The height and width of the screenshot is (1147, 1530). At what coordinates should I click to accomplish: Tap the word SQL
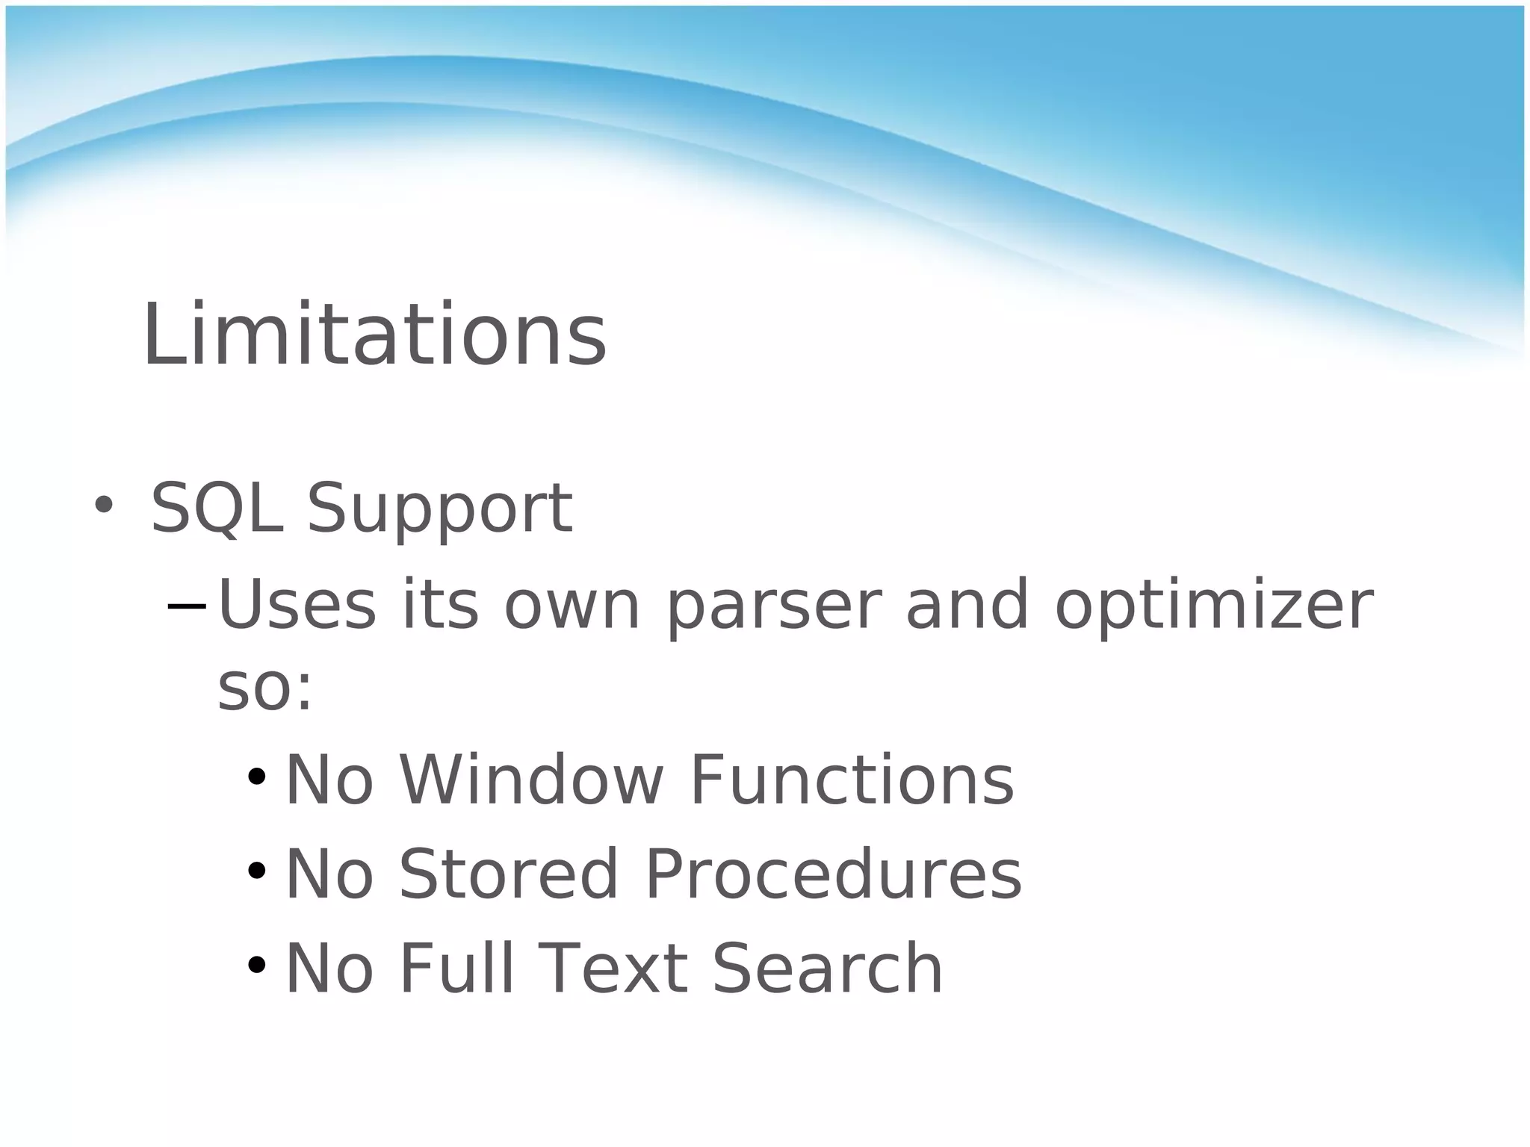(x=217, y=509)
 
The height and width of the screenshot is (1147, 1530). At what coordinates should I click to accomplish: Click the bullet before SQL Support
(x=103, y=506)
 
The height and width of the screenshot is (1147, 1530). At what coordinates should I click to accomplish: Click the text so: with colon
(x=264, y=688)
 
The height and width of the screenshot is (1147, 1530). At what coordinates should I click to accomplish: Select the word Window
(x=530, y=780)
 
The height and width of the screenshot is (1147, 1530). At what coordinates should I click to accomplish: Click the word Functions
(x=852, y=780)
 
